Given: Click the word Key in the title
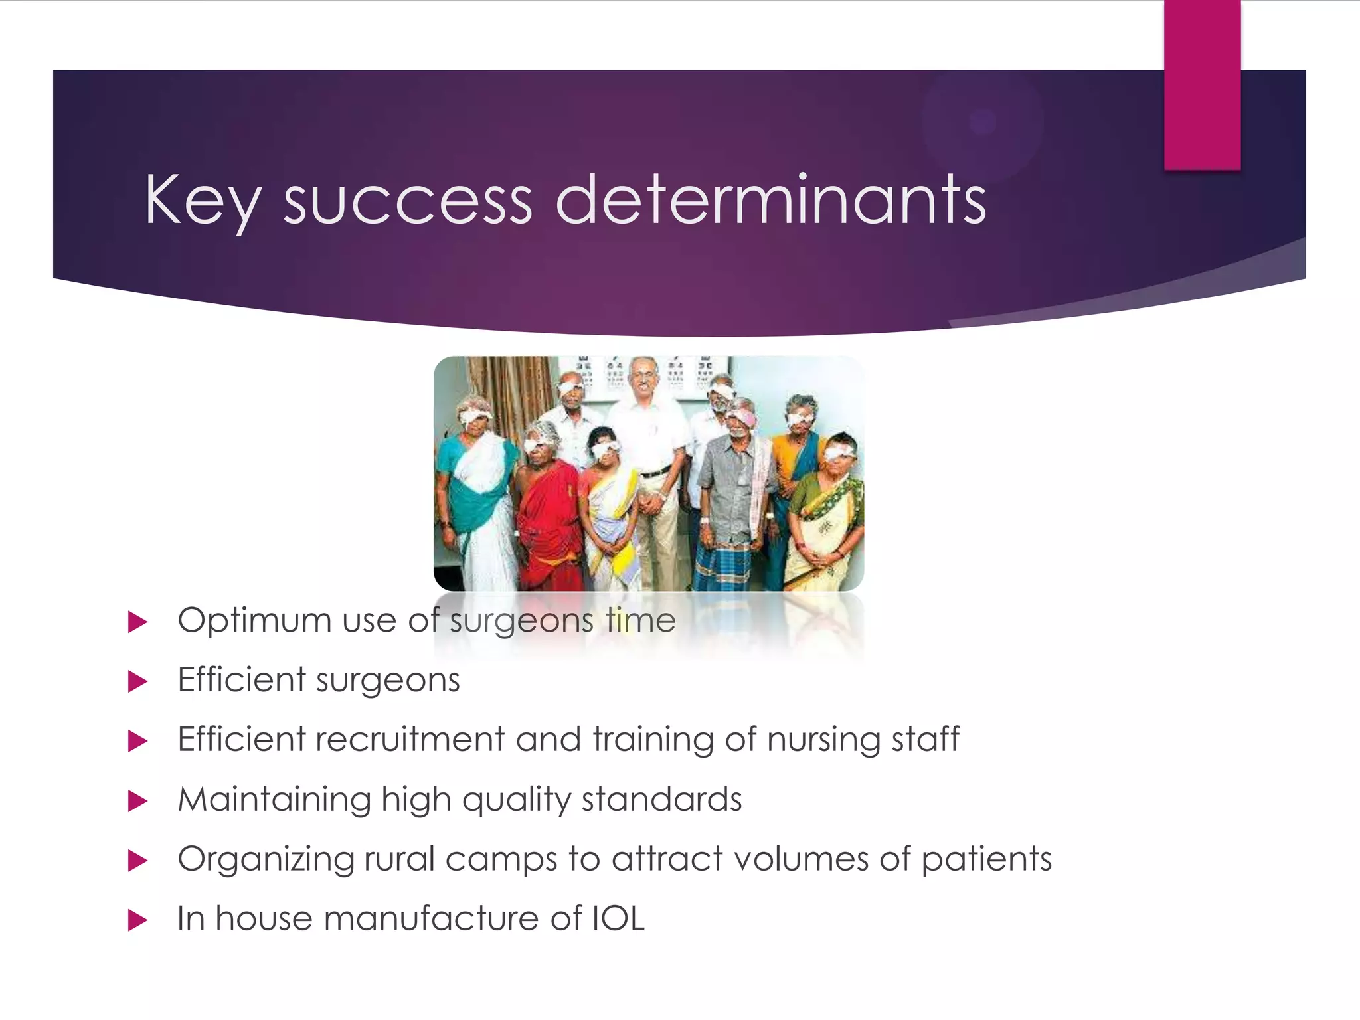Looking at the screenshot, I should click(202, 201).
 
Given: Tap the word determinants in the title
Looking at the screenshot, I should click(770, 201).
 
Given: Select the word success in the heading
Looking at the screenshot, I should click(408, 201).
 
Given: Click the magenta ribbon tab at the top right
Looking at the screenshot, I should click(1202, 85).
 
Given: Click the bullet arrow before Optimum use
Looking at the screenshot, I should click(137, 622).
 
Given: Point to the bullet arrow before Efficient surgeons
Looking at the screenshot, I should click(137, 681).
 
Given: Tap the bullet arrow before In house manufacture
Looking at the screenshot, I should click(137, 920).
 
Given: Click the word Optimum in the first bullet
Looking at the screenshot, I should click(254, 621).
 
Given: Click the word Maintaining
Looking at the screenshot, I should click(274, 800).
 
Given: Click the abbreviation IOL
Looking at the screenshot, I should click(618, 919).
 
